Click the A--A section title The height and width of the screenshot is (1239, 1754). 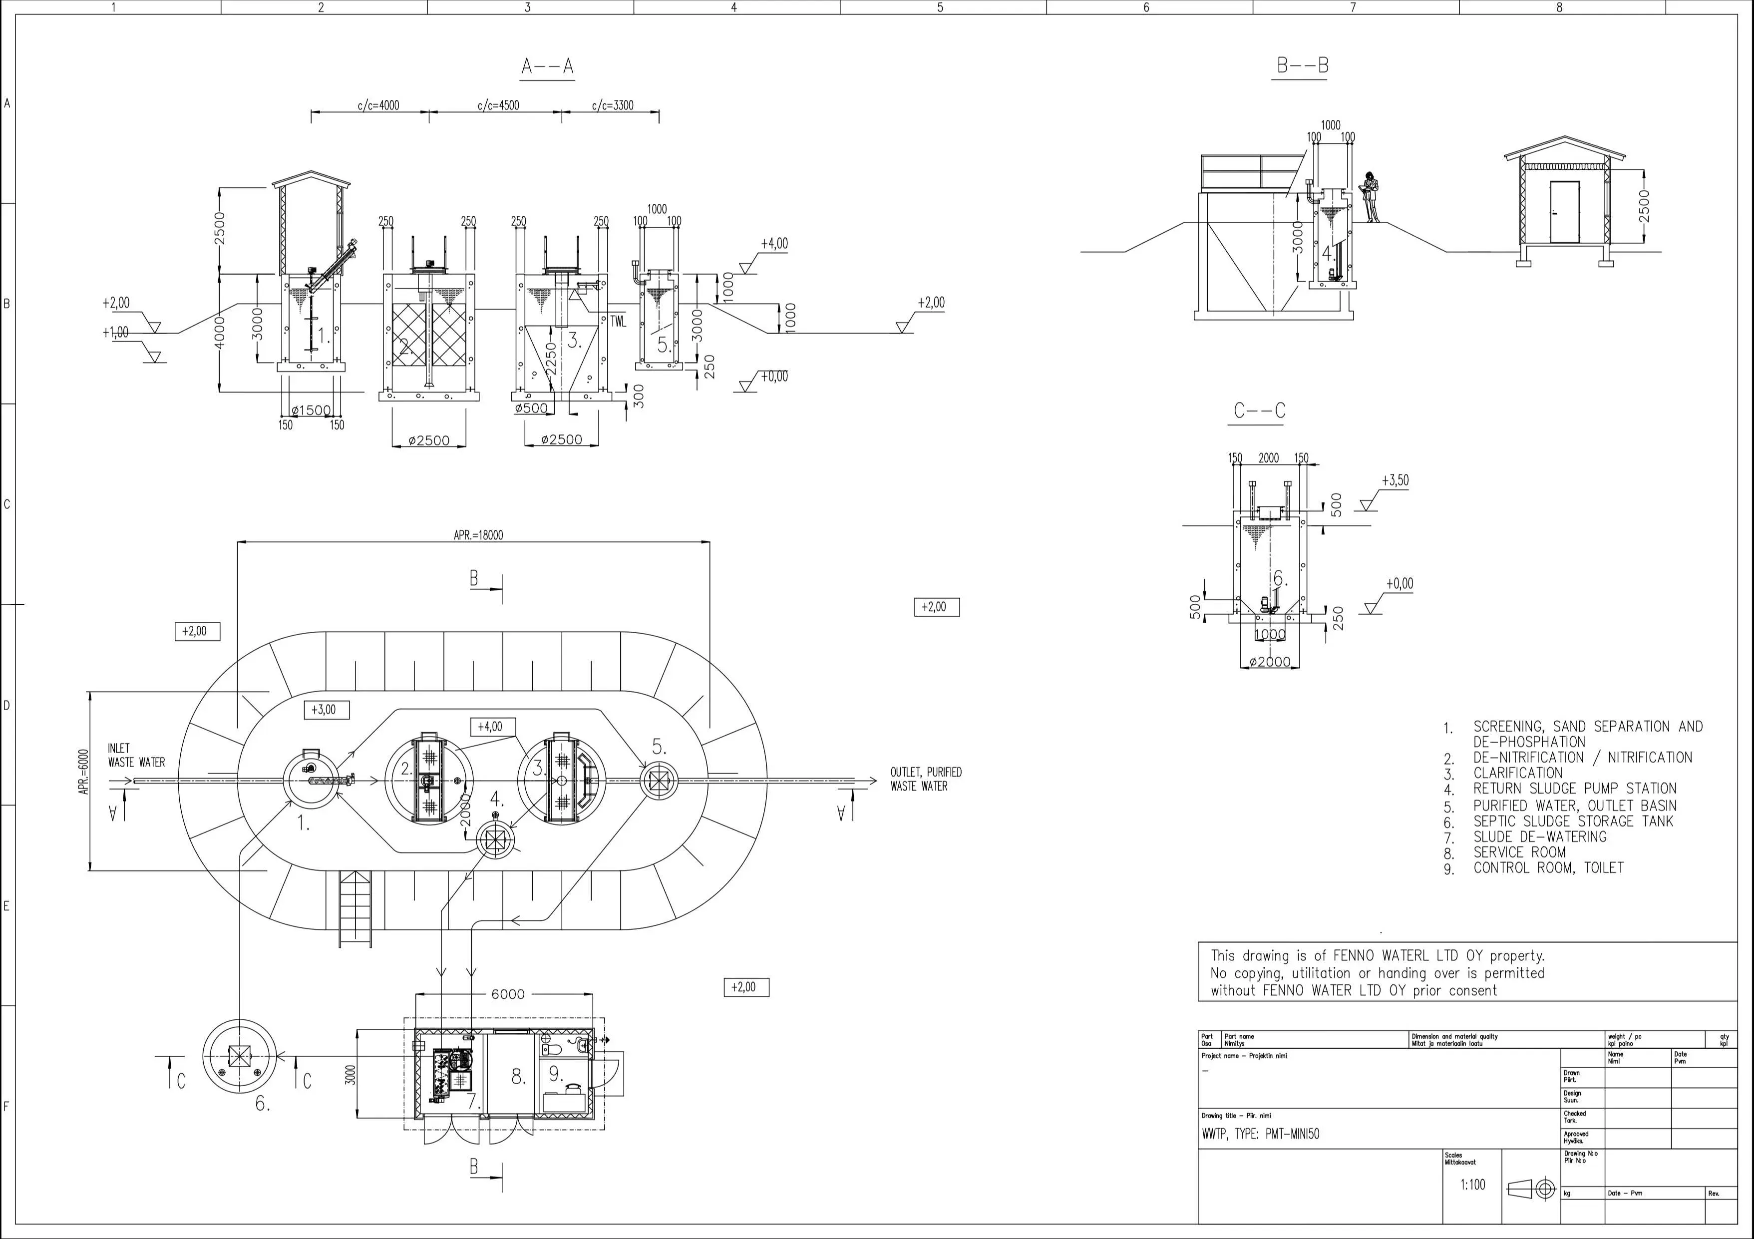coord(547,67)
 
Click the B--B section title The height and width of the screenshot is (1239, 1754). coord(1302,66)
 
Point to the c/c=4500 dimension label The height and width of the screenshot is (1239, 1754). coord(498,105)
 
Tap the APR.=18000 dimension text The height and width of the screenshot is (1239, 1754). coord(478,535)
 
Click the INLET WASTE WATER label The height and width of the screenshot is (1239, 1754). coord(136,755)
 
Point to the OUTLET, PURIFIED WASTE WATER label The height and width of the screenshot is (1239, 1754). coord(926,779)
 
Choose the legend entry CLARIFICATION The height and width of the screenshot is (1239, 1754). coord(1518,773)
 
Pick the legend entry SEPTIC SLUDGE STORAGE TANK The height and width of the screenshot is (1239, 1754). coord(1573,821)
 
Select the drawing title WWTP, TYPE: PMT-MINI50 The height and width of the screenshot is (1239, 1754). coord(1260,1134)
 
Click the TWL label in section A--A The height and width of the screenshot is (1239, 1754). coord(617,322)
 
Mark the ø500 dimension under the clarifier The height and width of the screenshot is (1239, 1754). coord(531,409)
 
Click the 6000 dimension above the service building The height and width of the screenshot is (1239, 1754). coord(507,994)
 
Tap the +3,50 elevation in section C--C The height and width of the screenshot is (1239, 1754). coord(1395,480)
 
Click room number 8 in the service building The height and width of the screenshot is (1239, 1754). coord(518,1077)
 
